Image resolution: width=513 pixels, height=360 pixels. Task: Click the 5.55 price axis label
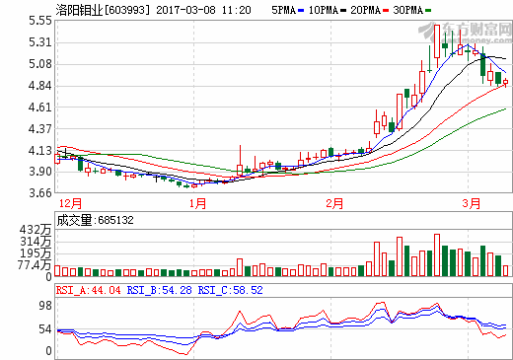(x=40, y=20)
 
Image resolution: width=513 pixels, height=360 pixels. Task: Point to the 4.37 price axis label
(x=40, y=128)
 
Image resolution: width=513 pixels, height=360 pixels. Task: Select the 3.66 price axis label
(x=40, y=193)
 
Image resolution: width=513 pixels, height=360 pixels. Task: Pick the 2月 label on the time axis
(x=333, y=204)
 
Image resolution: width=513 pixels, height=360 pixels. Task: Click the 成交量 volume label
(x=75, y=220)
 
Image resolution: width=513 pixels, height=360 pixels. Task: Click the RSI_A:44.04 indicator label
(x=89, y=290)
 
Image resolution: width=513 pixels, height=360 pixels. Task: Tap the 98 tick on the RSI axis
(x=45, y=306)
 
